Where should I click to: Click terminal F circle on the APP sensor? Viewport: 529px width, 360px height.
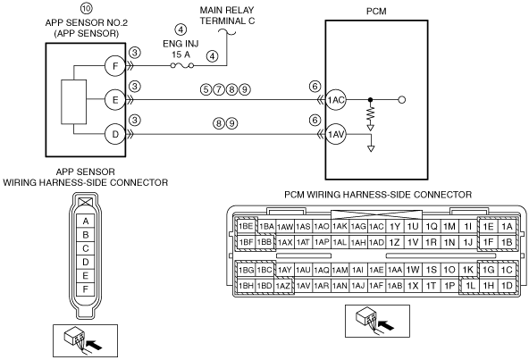[115, 66]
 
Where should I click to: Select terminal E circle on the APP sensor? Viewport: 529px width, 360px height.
[115, 100]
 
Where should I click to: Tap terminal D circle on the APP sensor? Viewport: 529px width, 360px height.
[115, 134]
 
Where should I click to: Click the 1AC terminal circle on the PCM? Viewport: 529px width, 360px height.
[336, 100]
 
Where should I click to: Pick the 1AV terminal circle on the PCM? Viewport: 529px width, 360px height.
[336, 135]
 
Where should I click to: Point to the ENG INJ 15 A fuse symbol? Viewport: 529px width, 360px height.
[182, 65]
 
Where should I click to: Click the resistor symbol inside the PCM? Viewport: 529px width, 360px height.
[371, 113]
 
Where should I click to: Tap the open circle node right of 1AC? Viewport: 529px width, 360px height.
[402, 100]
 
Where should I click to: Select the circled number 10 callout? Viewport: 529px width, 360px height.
[87, 8]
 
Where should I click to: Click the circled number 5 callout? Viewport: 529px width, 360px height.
[206, 89]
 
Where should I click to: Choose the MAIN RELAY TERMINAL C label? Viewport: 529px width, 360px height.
[227, 15]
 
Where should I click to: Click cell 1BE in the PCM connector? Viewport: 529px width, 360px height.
[246, 226]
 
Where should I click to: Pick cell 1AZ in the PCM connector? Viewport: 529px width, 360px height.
[283, 286]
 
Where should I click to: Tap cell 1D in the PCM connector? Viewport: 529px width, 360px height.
[507, 286]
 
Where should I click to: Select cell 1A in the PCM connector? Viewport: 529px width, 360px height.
[507, 226]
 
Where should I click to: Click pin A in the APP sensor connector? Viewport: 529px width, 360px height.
[86, 222]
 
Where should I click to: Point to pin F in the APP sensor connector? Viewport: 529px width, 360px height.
[86, 289]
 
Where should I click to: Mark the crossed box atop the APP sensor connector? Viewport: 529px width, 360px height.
[86, 202]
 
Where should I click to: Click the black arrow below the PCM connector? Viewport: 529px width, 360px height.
[386, 325]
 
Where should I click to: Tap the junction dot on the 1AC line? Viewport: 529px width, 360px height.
[371, 100]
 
